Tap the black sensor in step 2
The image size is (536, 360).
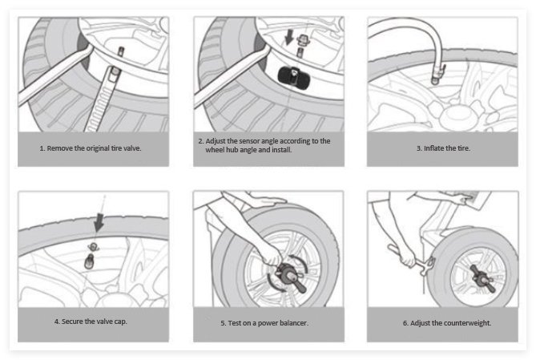(289, 75)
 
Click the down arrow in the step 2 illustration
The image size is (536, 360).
(289, 37)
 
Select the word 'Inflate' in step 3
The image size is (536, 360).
(435, 148)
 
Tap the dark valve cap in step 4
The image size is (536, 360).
(90, 261)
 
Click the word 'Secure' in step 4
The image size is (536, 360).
(72, 322)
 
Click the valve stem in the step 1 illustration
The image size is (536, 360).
(120, 51)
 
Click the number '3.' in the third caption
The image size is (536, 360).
(419, 148)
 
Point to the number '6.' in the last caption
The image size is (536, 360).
(405, 322)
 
